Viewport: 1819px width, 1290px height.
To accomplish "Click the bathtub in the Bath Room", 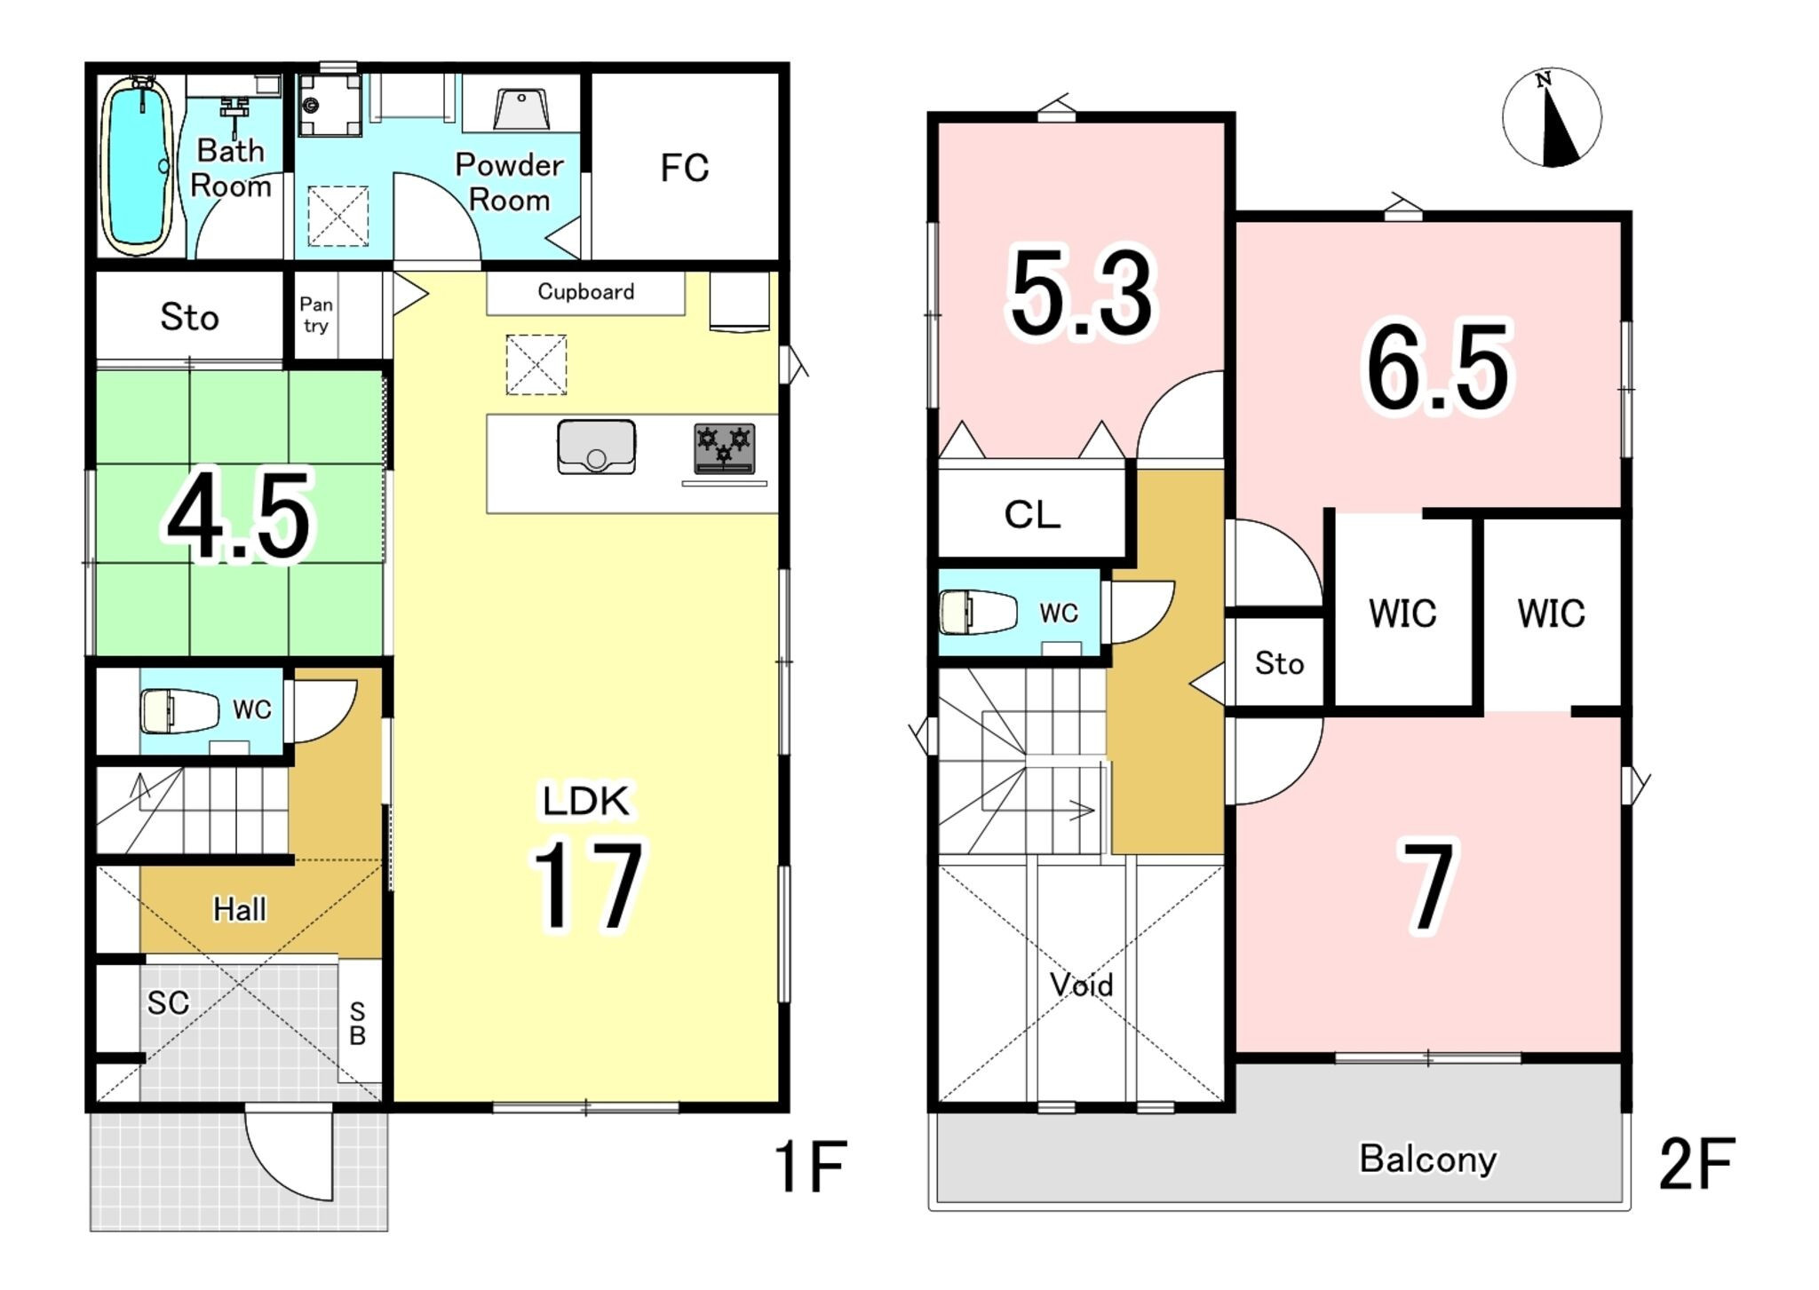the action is (x=138, y=165).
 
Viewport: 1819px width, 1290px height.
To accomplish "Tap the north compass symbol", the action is (x=1552, y=117).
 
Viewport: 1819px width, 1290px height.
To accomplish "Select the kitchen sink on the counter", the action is (x=596, y=447).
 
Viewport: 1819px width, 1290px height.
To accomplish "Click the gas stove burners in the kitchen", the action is (x=724, y=448).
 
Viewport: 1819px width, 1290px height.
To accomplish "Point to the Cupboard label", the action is (x=586, y=292).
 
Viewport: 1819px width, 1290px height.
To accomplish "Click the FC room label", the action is (x=685, y=168).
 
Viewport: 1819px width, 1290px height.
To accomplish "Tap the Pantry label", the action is (x=316, y=315).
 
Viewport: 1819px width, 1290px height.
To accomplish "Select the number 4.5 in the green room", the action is (x=240, y=517).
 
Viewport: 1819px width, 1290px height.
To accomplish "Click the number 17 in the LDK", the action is (x=587, y=885).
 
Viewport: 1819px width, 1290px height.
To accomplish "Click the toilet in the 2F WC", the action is (x=978, y=613).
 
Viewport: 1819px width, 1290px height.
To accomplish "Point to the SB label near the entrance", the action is (x=357, y=1024).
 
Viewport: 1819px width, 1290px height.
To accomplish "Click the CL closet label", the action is (x=1032, y=515).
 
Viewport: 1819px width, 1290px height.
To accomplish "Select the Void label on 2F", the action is (x=1081, y=985).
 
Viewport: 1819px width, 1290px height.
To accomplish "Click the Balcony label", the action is (x=1428, y=1159).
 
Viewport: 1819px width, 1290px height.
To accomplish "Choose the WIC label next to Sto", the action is (x=1402, y=613).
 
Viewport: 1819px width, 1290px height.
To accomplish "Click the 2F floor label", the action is (x=1696, y=1165).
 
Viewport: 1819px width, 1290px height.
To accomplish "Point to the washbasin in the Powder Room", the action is (x=521, y=110).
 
